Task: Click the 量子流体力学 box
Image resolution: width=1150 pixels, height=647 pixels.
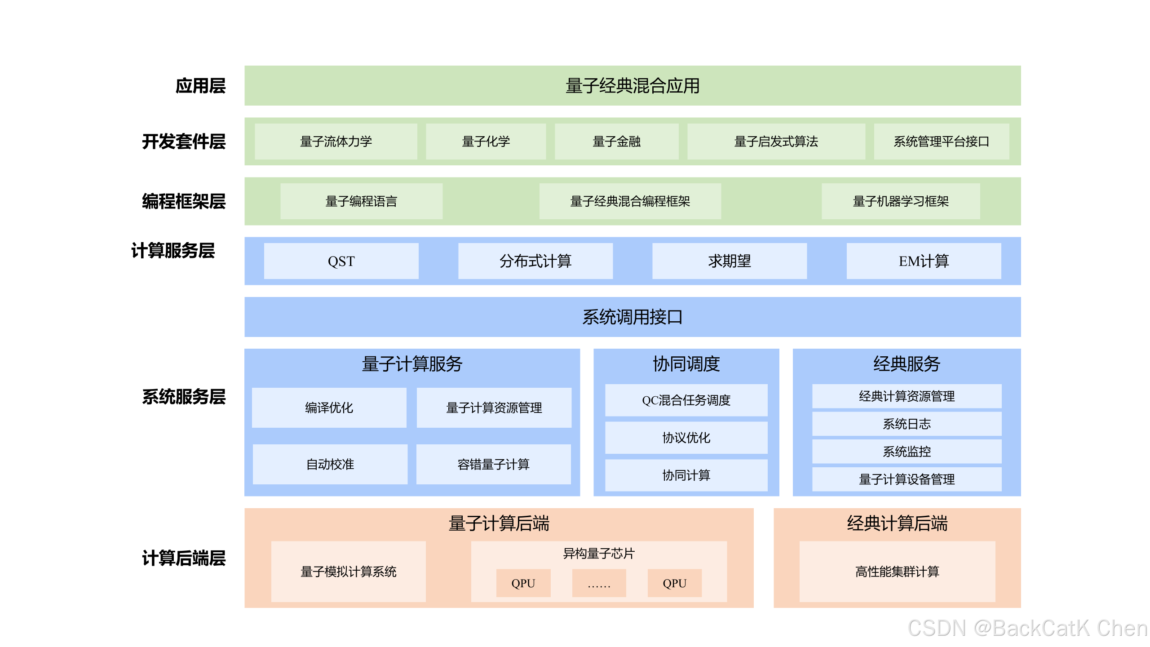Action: [336, 142]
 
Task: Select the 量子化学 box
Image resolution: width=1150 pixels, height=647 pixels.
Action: [486, 142]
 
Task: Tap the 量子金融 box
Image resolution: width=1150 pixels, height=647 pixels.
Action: [616, 142]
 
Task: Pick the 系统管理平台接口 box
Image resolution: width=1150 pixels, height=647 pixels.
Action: [941, 142]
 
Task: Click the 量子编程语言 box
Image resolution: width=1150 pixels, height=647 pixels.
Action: [361, 201]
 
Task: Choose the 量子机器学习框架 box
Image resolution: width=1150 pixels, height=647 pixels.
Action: [901, 201]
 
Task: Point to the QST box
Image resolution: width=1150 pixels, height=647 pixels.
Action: [341, 261]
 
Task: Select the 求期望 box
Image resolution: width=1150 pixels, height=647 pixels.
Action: [729, 261]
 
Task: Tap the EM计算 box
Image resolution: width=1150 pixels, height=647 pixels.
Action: [924, 261]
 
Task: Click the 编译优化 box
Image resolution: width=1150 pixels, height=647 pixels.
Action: [329, 408]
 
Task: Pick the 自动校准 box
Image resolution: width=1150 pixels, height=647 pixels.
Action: [330, 464]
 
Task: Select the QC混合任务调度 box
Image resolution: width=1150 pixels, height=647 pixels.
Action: [686, 400]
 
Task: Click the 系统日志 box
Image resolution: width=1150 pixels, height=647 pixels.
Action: [907, 424]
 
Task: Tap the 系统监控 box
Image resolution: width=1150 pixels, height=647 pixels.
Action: [907, 452]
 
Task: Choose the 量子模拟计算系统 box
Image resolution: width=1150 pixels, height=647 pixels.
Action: [348, 572]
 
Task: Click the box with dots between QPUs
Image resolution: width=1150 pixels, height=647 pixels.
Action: [599, 583]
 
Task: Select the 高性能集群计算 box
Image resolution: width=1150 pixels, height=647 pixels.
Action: [897, 572]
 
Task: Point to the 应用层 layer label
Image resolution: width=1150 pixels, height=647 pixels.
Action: [200, 86]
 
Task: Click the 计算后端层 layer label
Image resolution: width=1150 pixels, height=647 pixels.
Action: [184, 558]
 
